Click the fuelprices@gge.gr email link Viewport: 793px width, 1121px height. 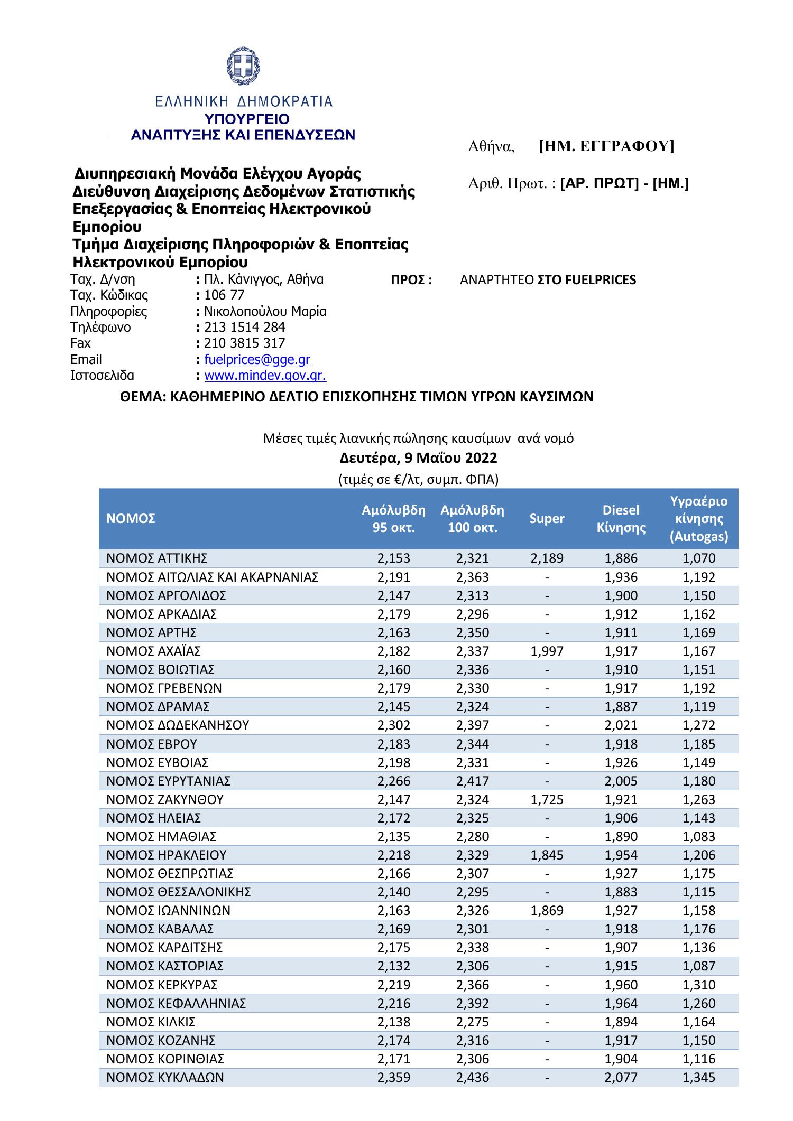tap(257, 360)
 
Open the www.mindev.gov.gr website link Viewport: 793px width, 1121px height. tap(265, 376)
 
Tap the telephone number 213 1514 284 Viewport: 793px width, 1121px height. tap(244, 328)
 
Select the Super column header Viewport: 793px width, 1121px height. tap(547, 519)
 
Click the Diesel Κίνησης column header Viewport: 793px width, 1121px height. tap(621, 519)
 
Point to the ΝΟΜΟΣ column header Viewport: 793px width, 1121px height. tap(131, 519)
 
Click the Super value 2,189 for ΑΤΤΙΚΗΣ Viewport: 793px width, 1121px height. tap(547, 558)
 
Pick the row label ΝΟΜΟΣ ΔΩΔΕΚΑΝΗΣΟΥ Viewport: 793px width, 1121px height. tap(178, 725)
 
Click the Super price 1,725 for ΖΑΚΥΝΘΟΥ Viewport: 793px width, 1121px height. tap(547, 800)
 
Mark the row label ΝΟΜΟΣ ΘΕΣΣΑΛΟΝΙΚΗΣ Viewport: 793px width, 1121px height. tap(178, 892)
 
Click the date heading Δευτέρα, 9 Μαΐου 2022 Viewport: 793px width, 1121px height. tap(419, 457)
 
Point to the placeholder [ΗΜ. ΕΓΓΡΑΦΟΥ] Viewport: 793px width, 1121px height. tap(606, 146)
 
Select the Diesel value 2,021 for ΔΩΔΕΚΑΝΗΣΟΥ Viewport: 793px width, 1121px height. tap(621, 725)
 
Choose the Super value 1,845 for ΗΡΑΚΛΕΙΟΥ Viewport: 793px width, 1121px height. tap(547, 855)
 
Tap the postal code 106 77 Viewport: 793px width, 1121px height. tap(224, 295)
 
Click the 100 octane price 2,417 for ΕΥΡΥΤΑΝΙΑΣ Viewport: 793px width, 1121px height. tap(472, 781)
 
